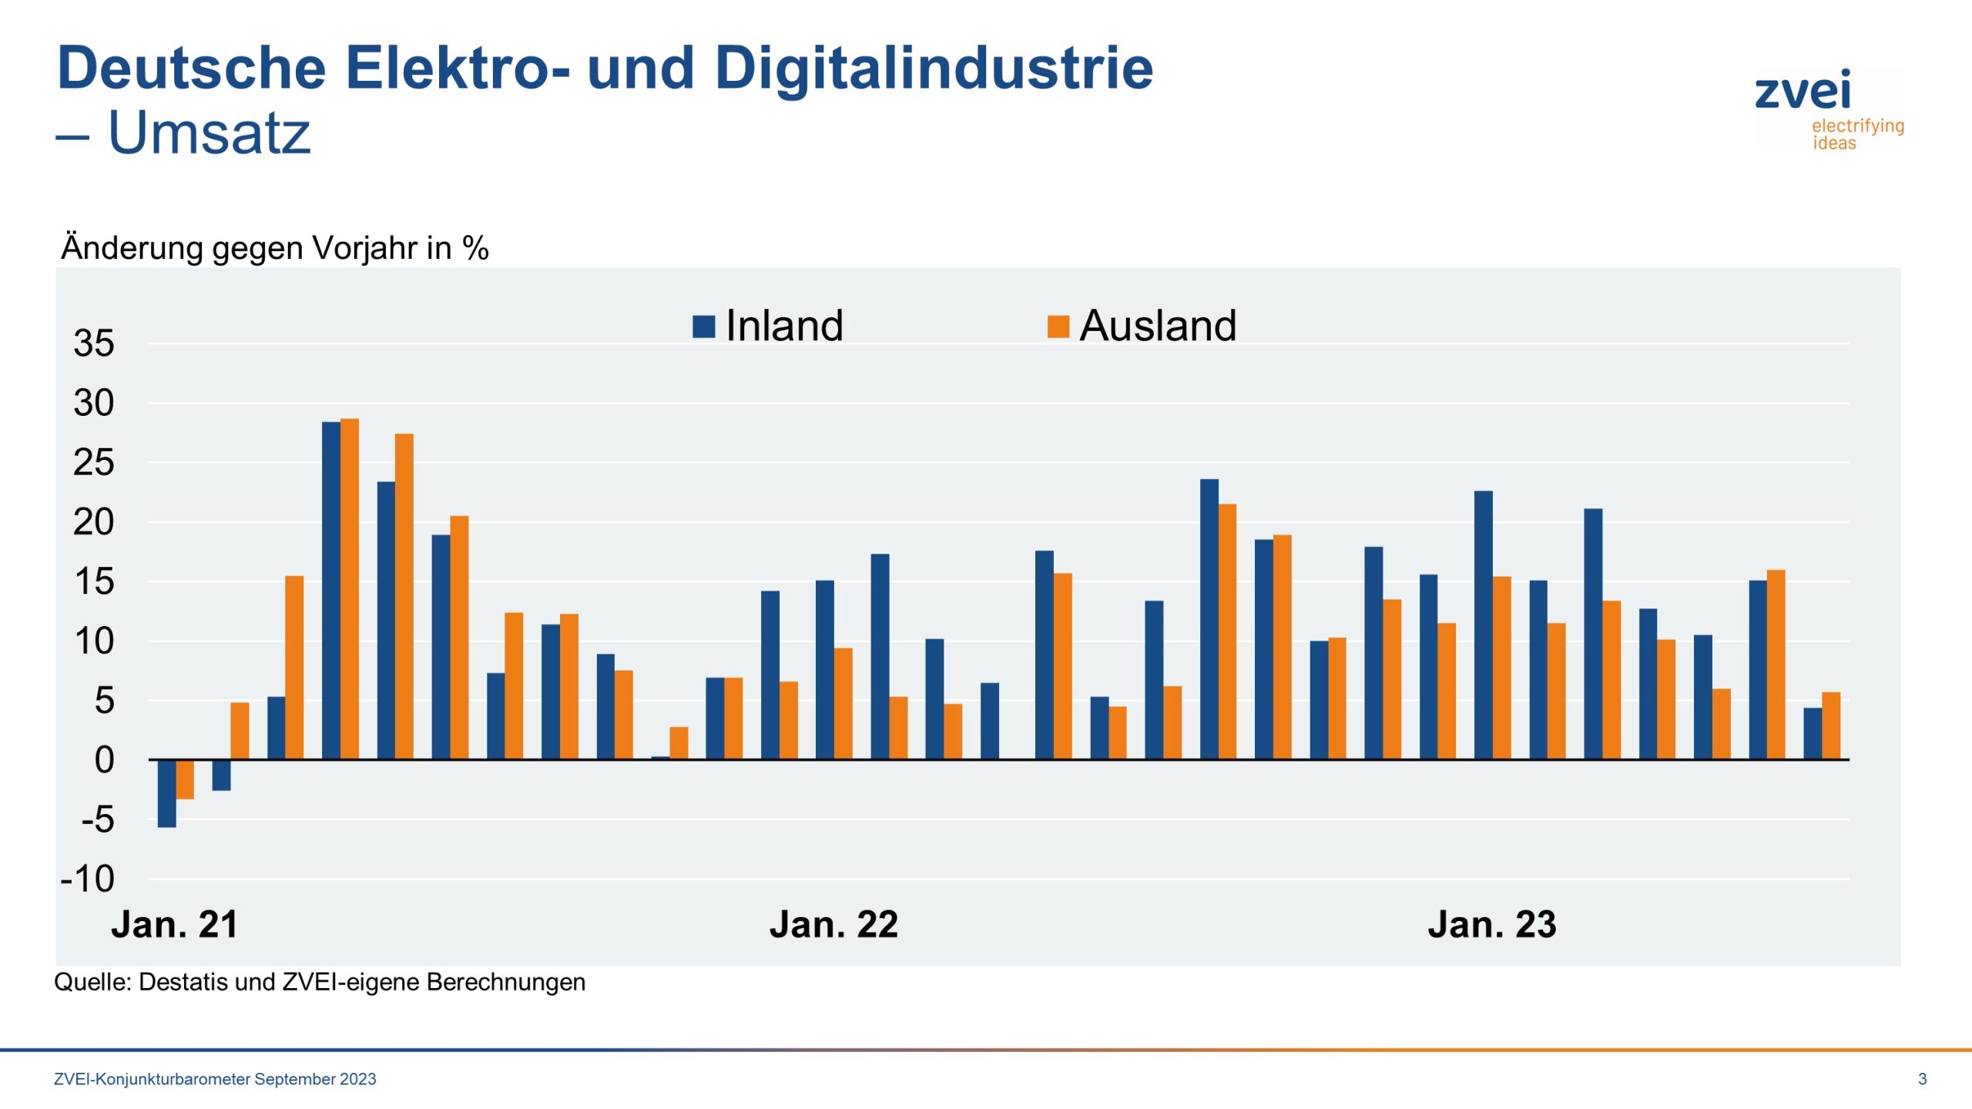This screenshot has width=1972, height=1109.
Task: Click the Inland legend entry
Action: click(770, 325)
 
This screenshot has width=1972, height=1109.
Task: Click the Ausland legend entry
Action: click(1144, 325)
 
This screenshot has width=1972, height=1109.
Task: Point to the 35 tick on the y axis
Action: click(94, 343)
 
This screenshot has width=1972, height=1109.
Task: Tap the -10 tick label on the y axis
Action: click(89, 879)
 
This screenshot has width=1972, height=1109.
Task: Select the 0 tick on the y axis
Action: click(104, 760)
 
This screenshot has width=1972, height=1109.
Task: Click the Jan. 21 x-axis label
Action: click(175, 924)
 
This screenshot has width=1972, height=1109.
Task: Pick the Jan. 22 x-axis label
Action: click(833, 924)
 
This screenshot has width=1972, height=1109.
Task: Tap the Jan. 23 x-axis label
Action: click(1492, 924)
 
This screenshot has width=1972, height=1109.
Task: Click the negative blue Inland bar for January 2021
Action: click(166, 793)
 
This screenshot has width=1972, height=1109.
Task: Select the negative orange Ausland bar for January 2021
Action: click(185, 779)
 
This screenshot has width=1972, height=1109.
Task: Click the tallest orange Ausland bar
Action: click(350, 589)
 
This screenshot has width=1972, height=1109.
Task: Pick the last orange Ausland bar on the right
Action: click(1831, 726)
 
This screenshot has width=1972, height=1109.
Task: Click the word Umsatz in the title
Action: click(209, 132)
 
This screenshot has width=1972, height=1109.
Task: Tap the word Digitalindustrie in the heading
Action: click(934, 68)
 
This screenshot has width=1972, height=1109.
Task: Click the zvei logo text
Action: click(1803, 91)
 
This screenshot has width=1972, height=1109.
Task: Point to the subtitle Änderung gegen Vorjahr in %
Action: click(275, 248)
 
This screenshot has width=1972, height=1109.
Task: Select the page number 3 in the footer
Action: click(1922, 1079)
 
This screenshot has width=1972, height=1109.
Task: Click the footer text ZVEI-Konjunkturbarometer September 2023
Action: click(215, 1079)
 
